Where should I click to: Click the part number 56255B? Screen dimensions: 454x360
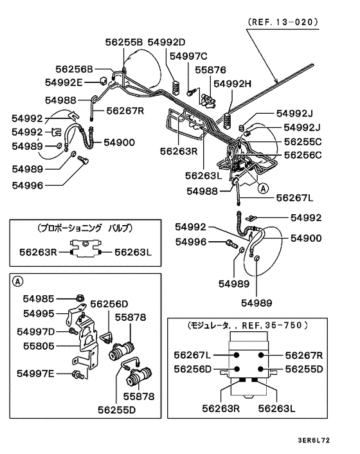pos(124,42)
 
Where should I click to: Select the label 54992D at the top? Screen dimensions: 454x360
pos(166,42)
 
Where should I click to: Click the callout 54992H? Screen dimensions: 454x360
pos(233,84)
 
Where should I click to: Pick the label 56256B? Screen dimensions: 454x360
pos(74,69)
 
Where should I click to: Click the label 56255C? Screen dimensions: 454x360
pos(303,141)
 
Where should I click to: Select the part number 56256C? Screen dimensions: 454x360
pos(303,155)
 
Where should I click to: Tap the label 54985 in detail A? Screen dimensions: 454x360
pos(40,299)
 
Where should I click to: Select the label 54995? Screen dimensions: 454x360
pos(40,314)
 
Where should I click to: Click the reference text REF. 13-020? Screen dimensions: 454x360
pos(282,21)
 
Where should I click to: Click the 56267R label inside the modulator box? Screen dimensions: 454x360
pos(303,355)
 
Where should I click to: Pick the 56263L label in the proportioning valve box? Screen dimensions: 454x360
pos(133,253)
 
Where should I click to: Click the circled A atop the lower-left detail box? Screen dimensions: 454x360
pos(18,281)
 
